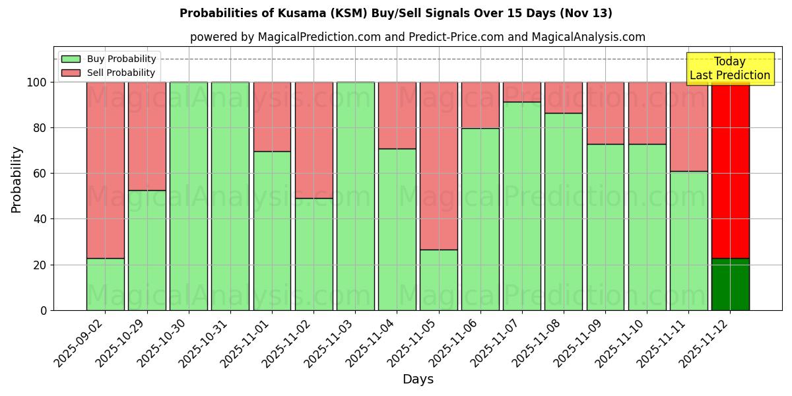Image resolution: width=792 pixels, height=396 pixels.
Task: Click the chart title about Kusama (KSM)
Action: click(396, 13)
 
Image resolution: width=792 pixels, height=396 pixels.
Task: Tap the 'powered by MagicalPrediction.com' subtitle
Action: click(417, 37)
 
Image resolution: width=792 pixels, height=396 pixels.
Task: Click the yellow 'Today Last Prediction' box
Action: click(729, 69)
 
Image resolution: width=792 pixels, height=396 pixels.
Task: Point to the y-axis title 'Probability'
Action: click(17, 179)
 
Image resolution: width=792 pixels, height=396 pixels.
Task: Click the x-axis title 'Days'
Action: click(418, 379)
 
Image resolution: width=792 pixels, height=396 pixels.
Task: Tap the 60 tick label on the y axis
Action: click(40, 174)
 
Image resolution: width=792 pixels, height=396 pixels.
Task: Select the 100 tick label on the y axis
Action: click(36, 82)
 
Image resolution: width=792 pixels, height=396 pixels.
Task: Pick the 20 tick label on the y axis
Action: click(40, 265)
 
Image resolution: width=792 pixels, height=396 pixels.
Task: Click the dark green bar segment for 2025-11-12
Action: click(730, 284)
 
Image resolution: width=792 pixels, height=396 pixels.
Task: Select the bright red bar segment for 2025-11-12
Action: click(730, 170)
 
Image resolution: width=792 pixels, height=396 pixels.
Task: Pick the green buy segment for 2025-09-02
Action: click(105, 284)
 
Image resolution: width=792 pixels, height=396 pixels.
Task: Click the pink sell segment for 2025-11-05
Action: click(439, 166)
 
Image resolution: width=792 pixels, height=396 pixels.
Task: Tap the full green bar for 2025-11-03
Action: click(355, 196)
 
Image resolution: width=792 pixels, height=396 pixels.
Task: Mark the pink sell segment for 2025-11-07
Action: click(522, 92)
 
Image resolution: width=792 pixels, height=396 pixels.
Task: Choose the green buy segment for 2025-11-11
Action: click(688, 241)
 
